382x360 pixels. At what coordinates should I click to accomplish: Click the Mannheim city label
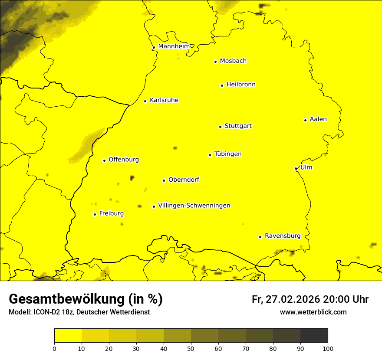(x=174, y=46)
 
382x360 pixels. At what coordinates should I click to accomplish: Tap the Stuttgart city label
(x=238, y=126)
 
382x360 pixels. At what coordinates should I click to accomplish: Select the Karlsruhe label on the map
(x=164, y=100)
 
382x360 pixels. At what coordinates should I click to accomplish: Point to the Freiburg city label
(x=111, y=213)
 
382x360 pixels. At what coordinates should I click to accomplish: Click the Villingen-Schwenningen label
(x=194, y=206)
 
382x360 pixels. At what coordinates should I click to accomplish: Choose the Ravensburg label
(x=282, y=236)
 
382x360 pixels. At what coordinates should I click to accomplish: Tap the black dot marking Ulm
(x=296, y=168)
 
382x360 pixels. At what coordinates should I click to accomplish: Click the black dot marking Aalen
(x=305, y=120)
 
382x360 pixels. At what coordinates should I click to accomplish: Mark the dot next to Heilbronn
(x=222, y=85)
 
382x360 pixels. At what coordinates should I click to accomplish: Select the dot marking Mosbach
(x=215, y=62)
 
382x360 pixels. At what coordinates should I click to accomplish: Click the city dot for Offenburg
(x=104, y=160)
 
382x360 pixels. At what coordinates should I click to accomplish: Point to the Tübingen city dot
(x=210, y=155)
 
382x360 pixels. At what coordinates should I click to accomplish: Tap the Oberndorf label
(x=184, y=180)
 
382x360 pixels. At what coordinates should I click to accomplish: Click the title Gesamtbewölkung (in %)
(x=86, y=299)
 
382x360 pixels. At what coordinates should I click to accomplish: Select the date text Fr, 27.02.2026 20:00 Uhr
(x=310, y=300)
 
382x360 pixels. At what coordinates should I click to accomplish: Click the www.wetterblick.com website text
(x=313, y=312)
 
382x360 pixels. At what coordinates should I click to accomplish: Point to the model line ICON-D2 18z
(x=79, y=312)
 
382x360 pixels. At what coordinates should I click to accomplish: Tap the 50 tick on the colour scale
(x=191, y=348)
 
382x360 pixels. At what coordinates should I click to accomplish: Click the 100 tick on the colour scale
(x=327, y=348)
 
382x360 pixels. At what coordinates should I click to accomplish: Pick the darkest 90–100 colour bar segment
(x=314, y=336)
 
